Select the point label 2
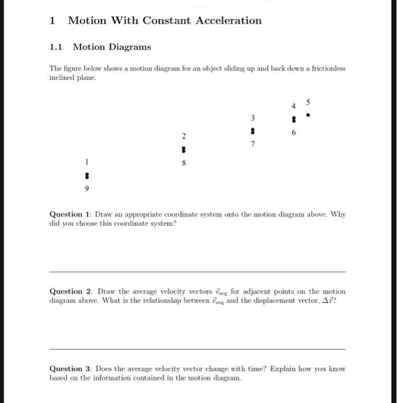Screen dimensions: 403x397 [x=184, y=136]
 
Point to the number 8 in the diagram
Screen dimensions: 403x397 [x=184, y=164]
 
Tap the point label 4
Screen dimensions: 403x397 [x=293, y=106]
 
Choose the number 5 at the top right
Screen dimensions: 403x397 [x=308, y=102]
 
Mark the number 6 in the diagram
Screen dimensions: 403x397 [x=294, y=132]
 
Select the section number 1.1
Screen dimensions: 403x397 [x=56, y=47]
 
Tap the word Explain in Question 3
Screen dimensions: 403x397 [x=286, y=368]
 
